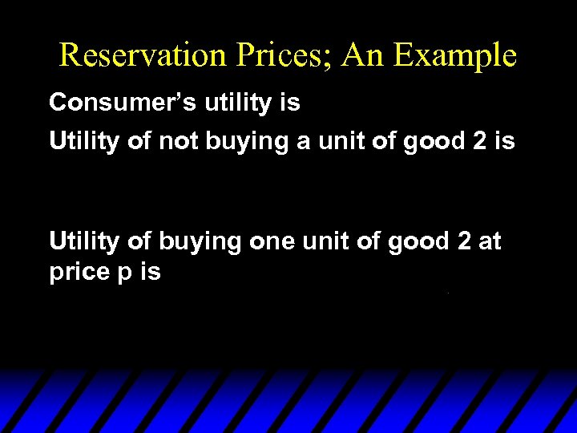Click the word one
click(x=273, y=241)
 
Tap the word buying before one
click(x=200, y=241)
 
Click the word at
click(x=490, y=241)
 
